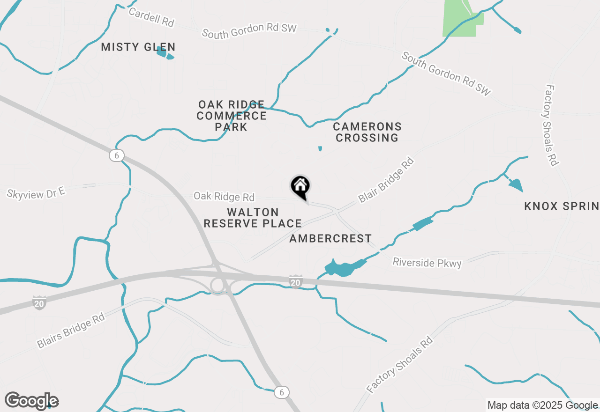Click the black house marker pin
point(300,186)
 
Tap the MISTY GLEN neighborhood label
point(138,47)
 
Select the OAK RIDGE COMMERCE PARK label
point(232,116)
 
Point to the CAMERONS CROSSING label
point(367,132)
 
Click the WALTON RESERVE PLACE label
point(253,218)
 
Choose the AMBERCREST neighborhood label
point(330,239)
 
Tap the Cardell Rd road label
point(151,17)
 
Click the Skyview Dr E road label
point(36,192)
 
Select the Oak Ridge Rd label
point(224,196)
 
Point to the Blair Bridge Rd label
point(387,180)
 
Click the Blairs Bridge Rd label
point(71,331)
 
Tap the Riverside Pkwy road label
point(427,263)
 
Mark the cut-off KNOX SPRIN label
point(562,206)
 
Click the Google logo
point(31,401)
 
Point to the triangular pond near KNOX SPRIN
point(516,185)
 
